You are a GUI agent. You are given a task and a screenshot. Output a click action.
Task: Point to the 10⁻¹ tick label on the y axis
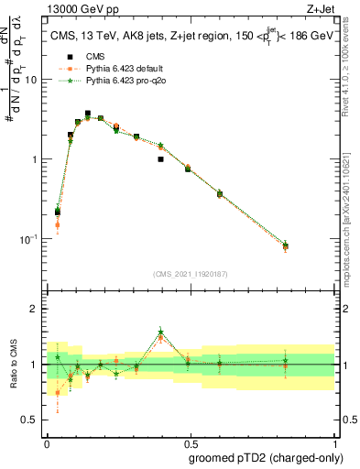click(x=29, y=239)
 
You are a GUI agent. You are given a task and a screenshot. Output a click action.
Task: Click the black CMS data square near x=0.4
click(x=160, y=159)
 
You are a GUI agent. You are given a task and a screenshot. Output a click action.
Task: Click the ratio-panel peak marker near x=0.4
click(x=160, y=333)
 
